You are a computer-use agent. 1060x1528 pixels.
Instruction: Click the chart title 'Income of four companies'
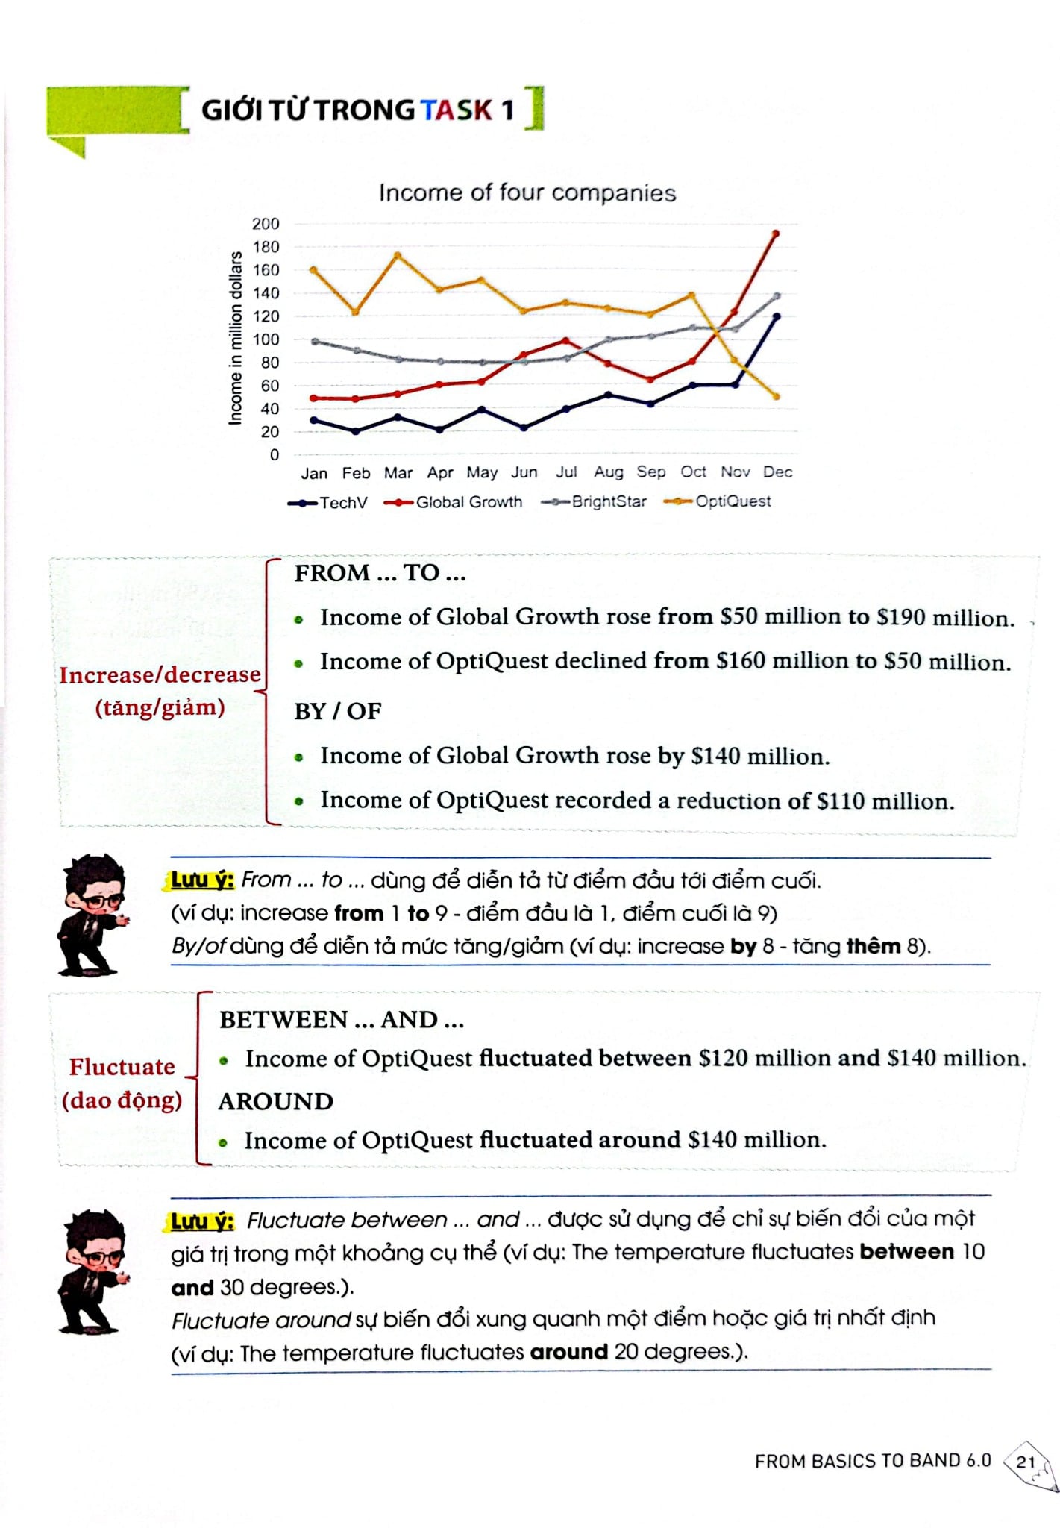point(527,192)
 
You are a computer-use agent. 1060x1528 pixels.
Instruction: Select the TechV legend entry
point(327,503)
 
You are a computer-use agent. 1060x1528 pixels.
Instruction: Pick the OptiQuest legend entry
point(717,501)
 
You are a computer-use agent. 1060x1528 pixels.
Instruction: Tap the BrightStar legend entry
point(594,501)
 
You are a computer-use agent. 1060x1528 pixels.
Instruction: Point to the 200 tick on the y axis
point(266,224)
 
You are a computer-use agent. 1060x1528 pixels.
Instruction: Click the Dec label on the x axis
point(777,472)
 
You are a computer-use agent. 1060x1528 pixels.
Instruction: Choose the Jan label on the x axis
point(314,473)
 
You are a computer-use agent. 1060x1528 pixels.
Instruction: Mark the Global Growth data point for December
point(776,234)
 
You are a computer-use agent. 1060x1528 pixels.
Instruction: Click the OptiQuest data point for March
point(398,255)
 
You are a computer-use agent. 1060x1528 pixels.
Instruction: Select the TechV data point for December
point(777,316)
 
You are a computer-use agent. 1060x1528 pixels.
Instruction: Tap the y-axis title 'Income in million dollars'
point(236,338)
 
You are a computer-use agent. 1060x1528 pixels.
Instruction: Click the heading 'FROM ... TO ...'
point(380,573)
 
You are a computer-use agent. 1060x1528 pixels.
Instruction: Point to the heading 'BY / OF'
point(337,711)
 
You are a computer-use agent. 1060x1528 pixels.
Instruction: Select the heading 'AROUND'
point(275,1101)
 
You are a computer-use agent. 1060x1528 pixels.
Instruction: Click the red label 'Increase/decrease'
point(160,674)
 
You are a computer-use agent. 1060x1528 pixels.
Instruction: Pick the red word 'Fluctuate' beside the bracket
point(122,1067)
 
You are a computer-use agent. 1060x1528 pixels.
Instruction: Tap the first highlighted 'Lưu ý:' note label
point(201,880)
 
